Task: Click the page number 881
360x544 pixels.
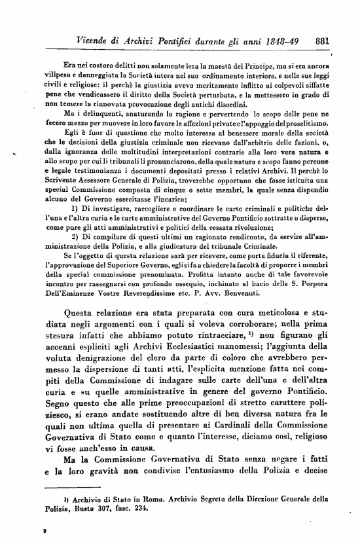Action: [321, 40]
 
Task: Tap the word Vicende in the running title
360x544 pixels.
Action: [96, 40]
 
